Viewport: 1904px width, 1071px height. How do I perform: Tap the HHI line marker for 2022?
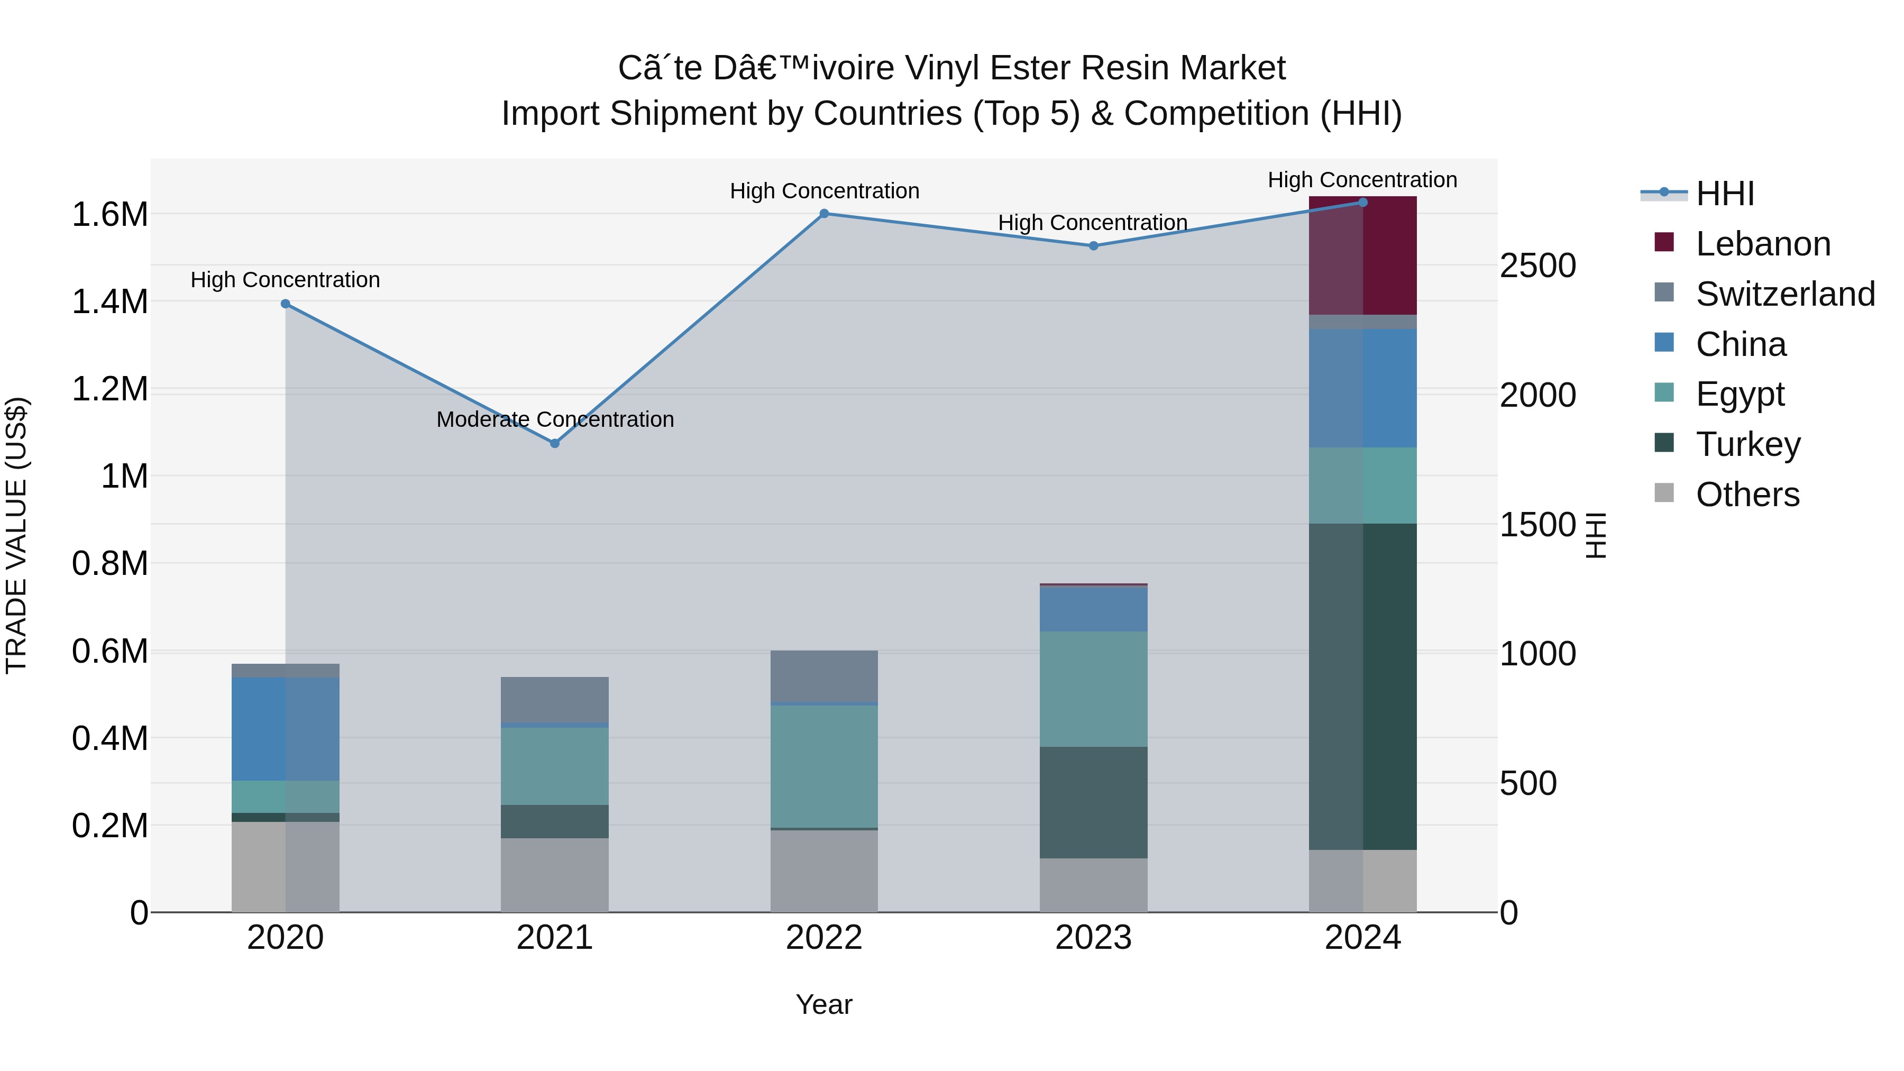[x=824, y=214]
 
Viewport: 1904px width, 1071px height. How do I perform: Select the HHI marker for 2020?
[x=285, y=304]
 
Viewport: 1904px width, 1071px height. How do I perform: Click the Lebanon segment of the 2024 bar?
[x=1362, y=256]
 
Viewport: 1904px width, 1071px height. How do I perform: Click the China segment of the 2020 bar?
[x=285, y=728]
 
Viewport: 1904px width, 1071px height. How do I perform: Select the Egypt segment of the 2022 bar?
[x=824, y=766]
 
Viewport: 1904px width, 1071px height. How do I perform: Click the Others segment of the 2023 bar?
[x=1093, y=885]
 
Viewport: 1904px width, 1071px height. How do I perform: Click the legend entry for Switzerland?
[x=1784, y=294]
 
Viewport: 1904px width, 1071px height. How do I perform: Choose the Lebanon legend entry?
[x=1762, y=244]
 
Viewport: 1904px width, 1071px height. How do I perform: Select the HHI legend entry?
[x=1724, y=194]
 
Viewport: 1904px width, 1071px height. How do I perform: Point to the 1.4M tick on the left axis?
[x=109, y=301]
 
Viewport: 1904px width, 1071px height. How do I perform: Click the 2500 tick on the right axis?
[x=1537, y=266]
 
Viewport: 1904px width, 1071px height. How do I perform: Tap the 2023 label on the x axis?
[x=1093, y=938]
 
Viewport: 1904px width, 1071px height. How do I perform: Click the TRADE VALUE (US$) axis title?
[x=16, y=535]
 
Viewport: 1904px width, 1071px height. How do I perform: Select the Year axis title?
[x=823, y=1004]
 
